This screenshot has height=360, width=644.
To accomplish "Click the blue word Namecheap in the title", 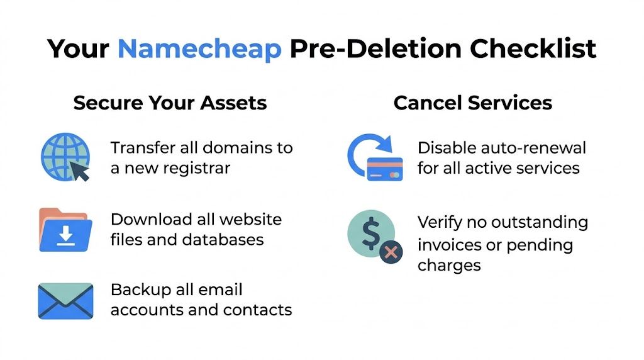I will tap(199, 48).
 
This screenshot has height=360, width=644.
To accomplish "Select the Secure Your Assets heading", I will tap(170, 103).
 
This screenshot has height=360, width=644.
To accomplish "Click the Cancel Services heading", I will tap(473, 103).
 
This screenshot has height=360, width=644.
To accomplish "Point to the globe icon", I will tap(63, 155).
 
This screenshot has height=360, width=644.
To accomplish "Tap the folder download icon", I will tap(65, 230).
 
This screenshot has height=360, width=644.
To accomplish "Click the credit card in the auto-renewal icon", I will tap(384, 169).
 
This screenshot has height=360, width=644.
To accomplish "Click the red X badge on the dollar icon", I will tap(391, 252).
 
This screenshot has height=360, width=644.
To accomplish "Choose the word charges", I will tap(449, 265).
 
